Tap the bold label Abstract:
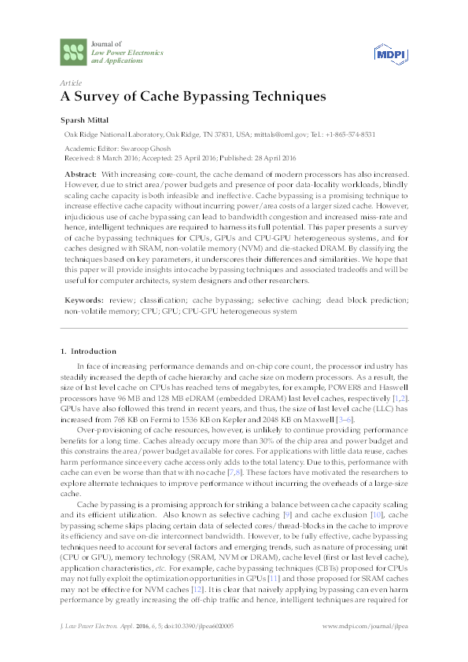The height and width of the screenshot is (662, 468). pyautogui.click(x=80, y=173)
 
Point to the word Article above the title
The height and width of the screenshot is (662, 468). pyautogui.click(x=72, y=82)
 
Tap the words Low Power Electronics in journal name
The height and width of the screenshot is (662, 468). pyautogui.click(x=127, y=52)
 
